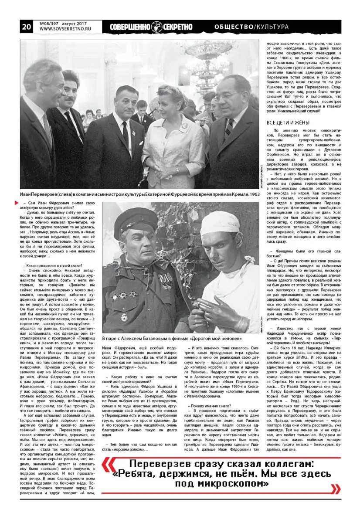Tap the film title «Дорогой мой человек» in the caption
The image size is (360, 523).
click(211, 338)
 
